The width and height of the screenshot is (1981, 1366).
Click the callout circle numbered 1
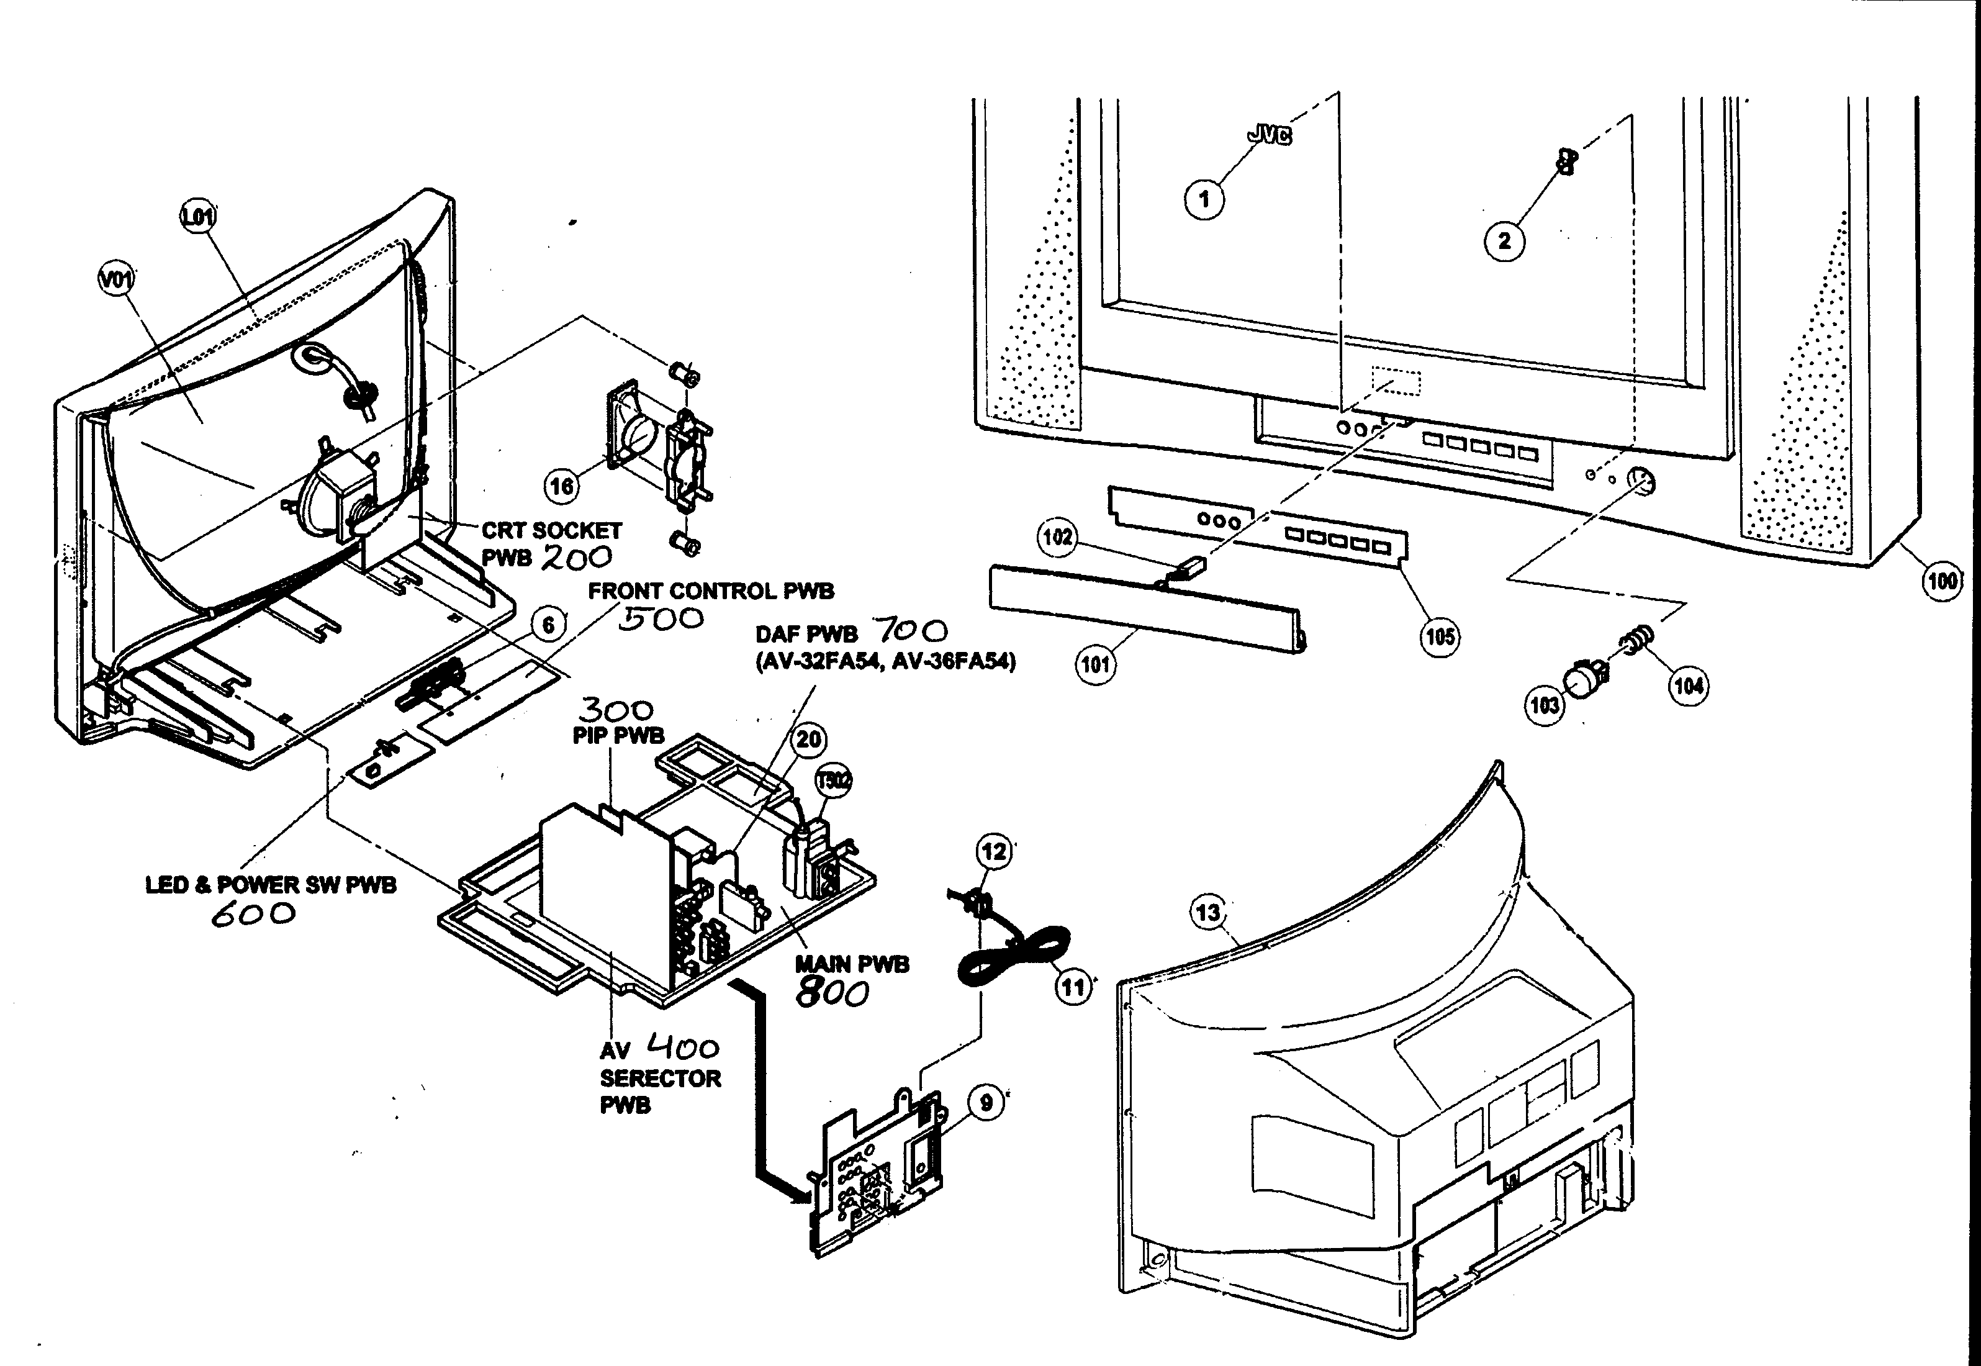pyautogui.click(x=1204, y=199)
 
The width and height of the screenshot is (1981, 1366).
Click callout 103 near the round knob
pyautogui.click(x=1545, y=705)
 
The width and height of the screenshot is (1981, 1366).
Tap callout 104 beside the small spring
pyautogui.click(x=1689, y=685)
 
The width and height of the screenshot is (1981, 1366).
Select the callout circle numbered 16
pyautogui.click(x=561, y=486)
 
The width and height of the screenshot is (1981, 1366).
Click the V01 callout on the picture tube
pyautogui.click(x=117, y=279)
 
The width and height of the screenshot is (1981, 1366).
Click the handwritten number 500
pyautogui.click(x=661, y=619)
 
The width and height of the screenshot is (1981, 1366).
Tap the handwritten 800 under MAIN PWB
pyautogui.click(x=832, y=993)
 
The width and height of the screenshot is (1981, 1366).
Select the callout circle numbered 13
pyautogui.click(x=1207, y=912)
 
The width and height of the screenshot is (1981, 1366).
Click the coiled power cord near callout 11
pyautogui.click(x=1014, y=959)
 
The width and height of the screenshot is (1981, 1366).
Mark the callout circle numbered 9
pyautogui.click(x=986, y=1102)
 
